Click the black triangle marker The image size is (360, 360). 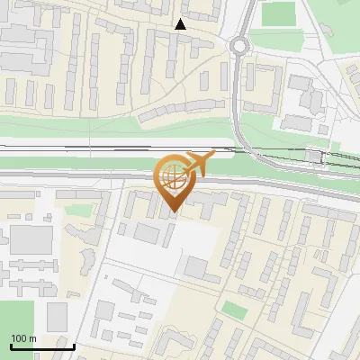(181, 25)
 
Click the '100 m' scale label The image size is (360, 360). (23, 338)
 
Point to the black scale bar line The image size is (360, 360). (42, 346)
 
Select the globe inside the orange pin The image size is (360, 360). (173, 176)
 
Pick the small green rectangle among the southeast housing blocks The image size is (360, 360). (235, 310)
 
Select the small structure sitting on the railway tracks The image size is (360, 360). (313, 157)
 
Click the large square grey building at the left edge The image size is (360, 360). (31, 239)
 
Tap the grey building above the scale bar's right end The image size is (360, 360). (58, 316)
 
